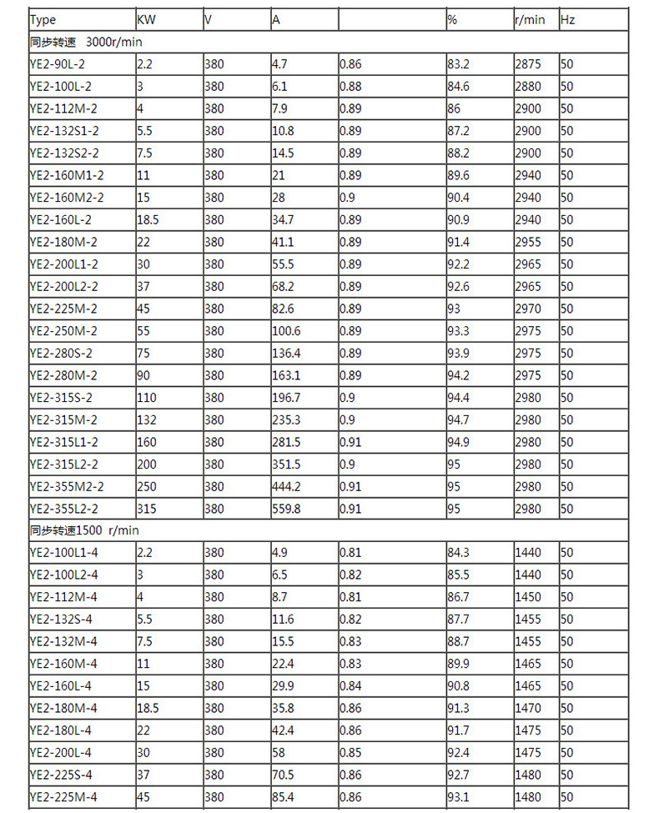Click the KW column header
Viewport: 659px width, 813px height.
click(x=147, y=19)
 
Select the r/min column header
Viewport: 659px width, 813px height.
click(x=530, y=19)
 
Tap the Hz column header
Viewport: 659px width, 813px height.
click(x=568, y=19)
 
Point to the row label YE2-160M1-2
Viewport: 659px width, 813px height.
click(x=67, y=175)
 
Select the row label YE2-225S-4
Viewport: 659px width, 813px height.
click(x=63, y=775)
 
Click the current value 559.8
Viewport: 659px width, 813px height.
click(x=286, y=509)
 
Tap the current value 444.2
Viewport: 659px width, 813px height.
click(x=286, y=486)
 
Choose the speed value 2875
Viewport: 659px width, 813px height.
click(x=528, y=63)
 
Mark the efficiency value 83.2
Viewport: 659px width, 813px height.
click(x=458, y=63)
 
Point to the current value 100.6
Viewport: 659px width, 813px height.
click(x=286, y=331)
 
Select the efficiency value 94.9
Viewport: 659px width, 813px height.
click(x=458, y=442)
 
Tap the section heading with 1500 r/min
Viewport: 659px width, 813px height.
click(x=84, y=530)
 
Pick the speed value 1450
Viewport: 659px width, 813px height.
click(x=528, y=597)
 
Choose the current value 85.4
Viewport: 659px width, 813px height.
click(x=283, y=797)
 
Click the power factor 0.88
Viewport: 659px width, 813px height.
click(x=350, y=86)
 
